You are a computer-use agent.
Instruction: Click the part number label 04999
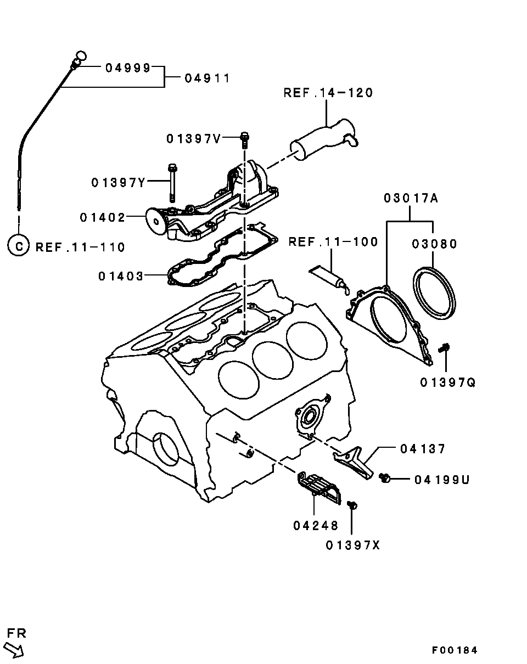(127, 67)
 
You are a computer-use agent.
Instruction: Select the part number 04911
(207, 78)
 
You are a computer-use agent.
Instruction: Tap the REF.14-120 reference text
(328, 93)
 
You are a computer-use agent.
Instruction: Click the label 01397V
(193, 139)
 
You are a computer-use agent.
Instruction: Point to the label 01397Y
(119, 182)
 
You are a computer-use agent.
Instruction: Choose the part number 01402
(103, 217)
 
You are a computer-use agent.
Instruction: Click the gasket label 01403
(121, 275)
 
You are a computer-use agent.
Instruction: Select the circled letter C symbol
(18, 246)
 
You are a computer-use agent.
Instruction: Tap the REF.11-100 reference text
(333, 241)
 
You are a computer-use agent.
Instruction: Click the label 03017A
(411, 198)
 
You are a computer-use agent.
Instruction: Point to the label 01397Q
(448, 382)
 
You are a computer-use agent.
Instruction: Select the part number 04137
(422, 449)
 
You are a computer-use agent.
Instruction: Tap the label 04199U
(442, 480)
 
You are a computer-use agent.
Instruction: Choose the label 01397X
(352, 545)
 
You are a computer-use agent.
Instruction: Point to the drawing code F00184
(454, 650)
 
